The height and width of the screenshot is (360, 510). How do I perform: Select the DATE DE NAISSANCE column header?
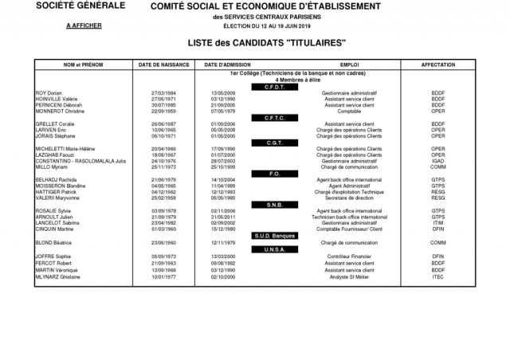[x=163, y=63]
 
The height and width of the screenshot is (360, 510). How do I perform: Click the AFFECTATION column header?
[x=437, y=63]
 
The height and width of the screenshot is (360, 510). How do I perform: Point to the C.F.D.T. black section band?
[x=274, y=86]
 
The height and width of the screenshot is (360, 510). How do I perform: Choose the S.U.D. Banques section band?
[x=274, y=236]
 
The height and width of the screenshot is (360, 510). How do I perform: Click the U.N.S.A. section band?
[x=274, y=249]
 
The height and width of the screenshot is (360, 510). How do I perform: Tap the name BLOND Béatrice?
[x=53, y=242]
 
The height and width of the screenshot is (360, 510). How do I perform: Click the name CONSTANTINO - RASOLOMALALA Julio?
[x=81, y=161]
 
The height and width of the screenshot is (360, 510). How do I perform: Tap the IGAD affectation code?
[x=437, y=161]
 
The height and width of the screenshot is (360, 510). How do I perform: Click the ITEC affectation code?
[x=437, y=276]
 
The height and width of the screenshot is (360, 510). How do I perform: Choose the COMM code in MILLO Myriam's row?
[x=437, y=167]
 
